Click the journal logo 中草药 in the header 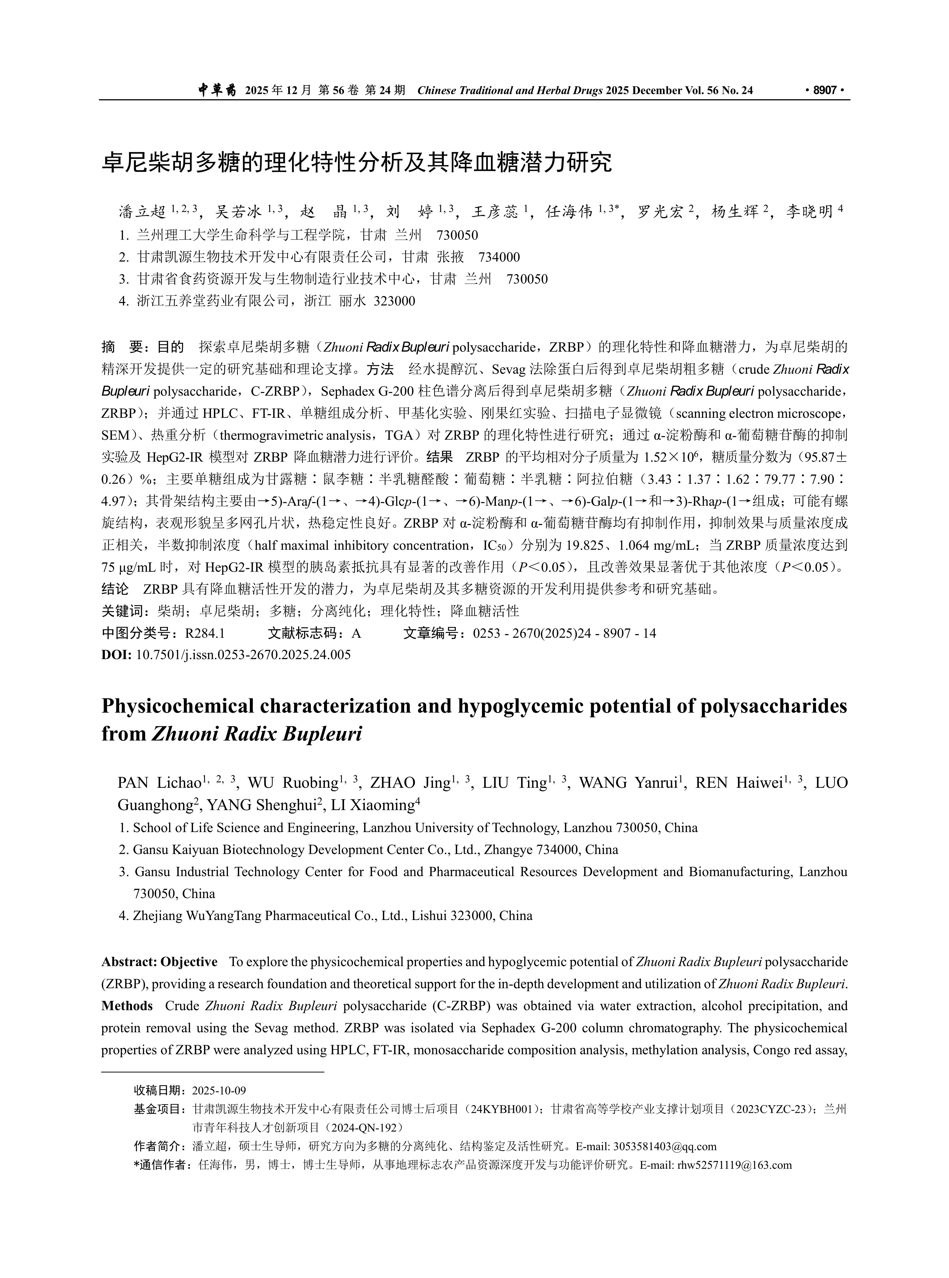(x=217, y=90)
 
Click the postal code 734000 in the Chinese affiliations (x=499, y=257)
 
